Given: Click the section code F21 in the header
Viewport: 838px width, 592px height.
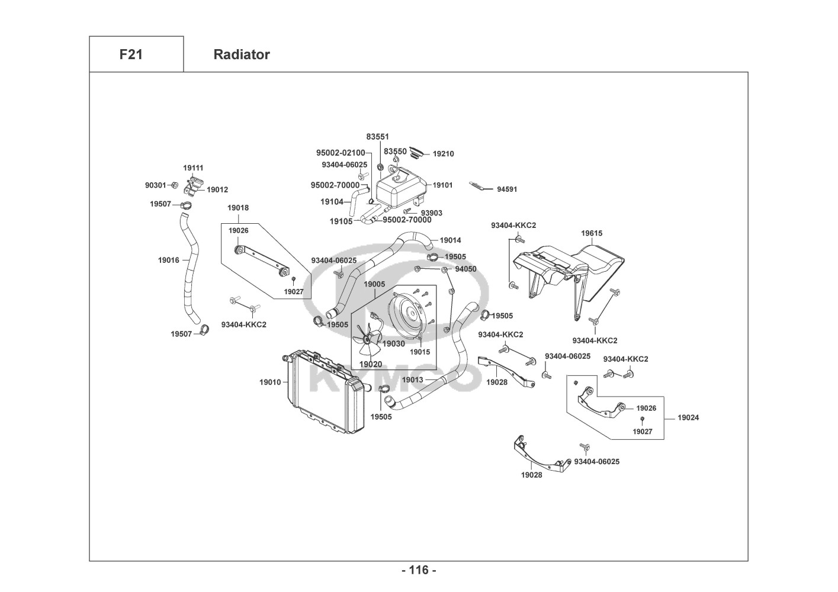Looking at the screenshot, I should pos(131,54).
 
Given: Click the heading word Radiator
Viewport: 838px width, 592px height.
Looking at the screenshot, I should pos(242,54).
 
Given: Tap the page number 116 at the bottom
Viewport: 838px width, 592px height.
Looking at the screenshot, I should pos(419,570).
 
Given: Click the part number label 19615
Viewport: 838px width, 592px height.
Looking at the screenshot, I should pos(592,233).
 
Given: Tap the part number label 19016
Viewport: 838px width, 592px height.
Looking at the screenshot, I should pos(168,260).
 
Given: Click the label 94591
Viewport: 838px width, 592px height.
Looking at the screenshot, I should pos(507,189).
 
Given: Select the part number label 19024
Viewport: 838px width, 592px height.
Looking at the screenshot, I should pos(689,417).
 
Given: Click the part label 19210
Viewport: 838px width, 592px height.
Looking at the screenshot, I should pos(443,154).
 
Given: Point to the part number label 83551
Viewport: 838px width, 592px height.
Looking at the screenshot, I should pos(377,137).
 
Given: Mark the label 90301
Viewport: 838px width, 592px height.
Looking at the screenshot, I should pos(156,185).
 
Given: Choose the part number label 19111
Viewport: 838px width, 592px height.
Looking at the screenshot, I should pos(193,168).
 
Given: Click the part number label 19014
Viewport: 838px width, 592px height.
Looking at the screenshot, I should pos(450,240).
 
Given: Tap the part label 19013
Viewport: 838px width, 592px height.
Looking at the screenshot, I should pos(412,379).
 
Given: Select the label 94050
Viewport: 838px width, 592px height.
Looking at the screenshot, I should pos(465,269).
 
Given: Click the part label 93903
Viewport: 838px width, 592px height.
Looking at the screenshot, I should pos(431,213).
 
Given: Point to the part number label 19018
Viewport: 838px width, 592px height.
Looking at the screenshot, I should pos(238,208).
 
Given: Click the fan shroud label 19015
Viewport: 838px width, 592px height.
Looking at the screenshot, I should pos(420,352).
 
